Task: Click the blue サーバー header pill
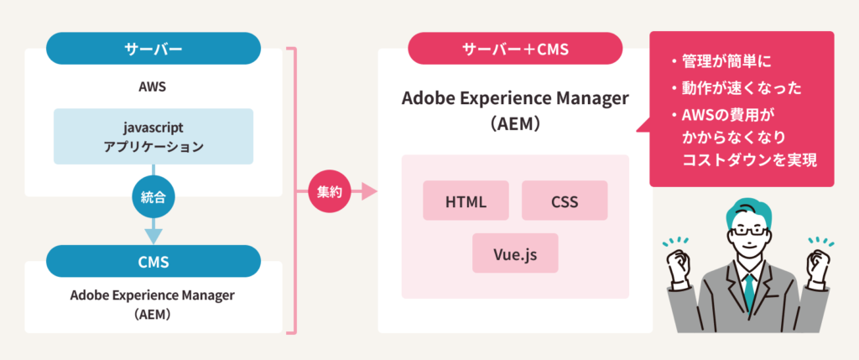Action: (x=154, y=48)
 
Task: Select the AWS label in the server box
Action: (x=154, y=86)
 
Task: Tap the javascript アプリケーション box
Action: (x=154, y=136)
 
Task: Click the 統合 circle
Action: (x=154, y=200)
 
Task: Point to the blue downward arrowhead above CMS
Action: (x=154, y=235)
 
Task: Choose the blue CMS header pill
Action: (x=154, y=261)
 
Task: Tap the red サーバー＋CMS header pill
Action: (x=515, y=48)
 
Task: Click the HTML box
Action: (x=466, y=201)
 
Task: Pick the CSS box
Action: (x=565, y=201)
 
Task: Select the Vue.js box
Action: (x=515, y=253)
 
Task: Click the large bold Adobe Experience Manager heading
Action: (x=515, y=98)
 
